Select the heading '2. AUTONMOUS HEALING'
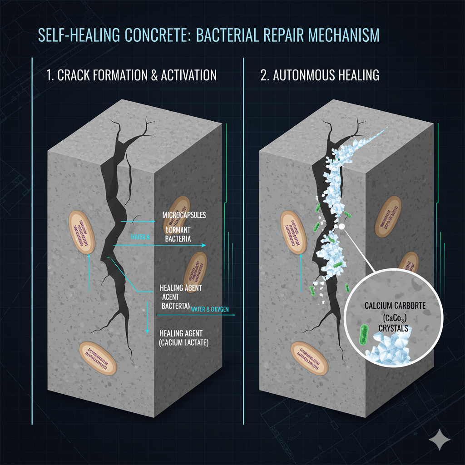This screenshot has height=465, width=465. pos(320,75)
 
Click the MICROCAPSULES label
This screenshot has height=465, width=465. pos(184,214)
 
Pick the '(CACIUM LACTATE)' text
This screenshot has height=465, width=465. pos(184,343)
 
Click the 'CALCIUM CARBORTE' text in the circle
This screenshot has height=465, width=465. pos(395,306)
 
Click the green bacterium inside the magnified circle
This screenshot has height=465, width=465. pos(364,335)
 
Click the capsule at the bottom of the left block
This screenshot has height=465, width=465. pos(98,357)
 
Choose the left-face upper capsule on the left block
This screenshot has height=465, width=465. pos(82,232)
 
